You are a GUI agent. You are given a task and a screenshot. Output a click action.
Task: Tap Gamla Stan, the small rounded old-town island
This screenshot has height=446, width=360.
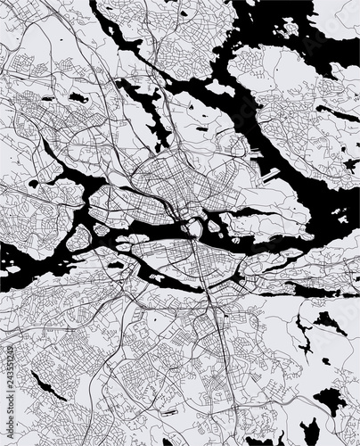(x=194, y=229)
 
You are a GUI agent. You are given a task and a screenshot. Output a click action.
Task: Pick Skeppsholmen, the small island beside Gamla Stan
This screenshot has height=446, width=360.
(x=214, y=226)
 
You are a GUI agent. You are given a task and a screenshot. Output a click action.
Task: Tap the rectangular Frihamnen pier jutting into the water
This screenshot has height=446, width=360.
(x=269, y=173)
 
